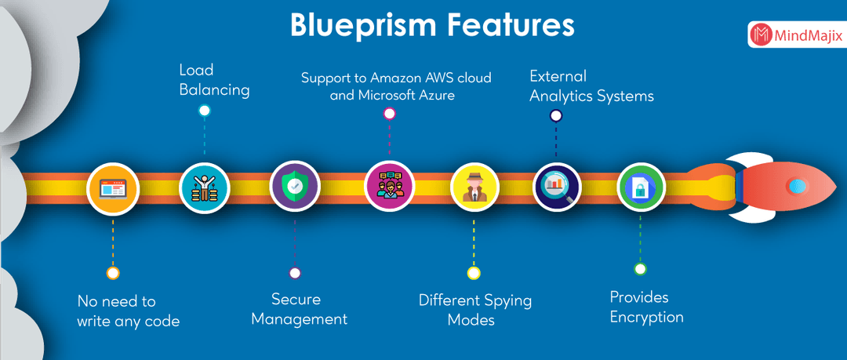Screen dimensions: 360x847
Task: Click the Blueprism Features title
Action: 432,24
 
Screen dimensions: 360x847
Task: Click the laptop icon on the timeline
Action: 113,189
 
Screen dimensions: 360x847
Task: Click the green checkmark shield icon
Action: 295,187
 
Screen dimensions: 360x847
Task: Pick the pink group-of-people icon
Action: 389,187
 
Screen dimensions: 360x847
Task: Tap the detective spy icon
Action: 474,187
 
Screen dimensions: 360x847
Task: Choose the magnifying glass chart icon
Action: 557,187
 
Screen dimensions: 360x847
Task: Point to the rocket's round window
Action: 797,186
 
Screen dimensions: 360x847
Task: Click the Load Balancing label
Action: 214,81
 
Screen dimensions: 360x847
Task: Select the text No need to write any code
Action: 128,311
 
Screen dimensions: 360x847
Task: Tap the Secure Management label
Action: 299,309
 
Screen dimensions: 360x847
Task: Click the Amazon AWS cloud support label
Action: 396,86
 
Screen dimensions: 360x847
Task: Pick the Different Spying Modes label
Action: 474,310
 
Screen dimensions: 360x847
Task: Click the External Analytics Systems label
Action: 591,86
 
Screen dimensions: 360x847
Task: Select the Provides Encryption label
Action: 646,307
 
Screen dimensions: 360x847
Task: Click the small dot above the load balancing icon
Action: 205,111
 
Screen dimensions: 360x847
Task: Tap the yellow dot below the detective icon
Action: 474,273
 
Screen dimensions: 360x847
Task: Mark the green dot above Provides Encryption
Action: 641,269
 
